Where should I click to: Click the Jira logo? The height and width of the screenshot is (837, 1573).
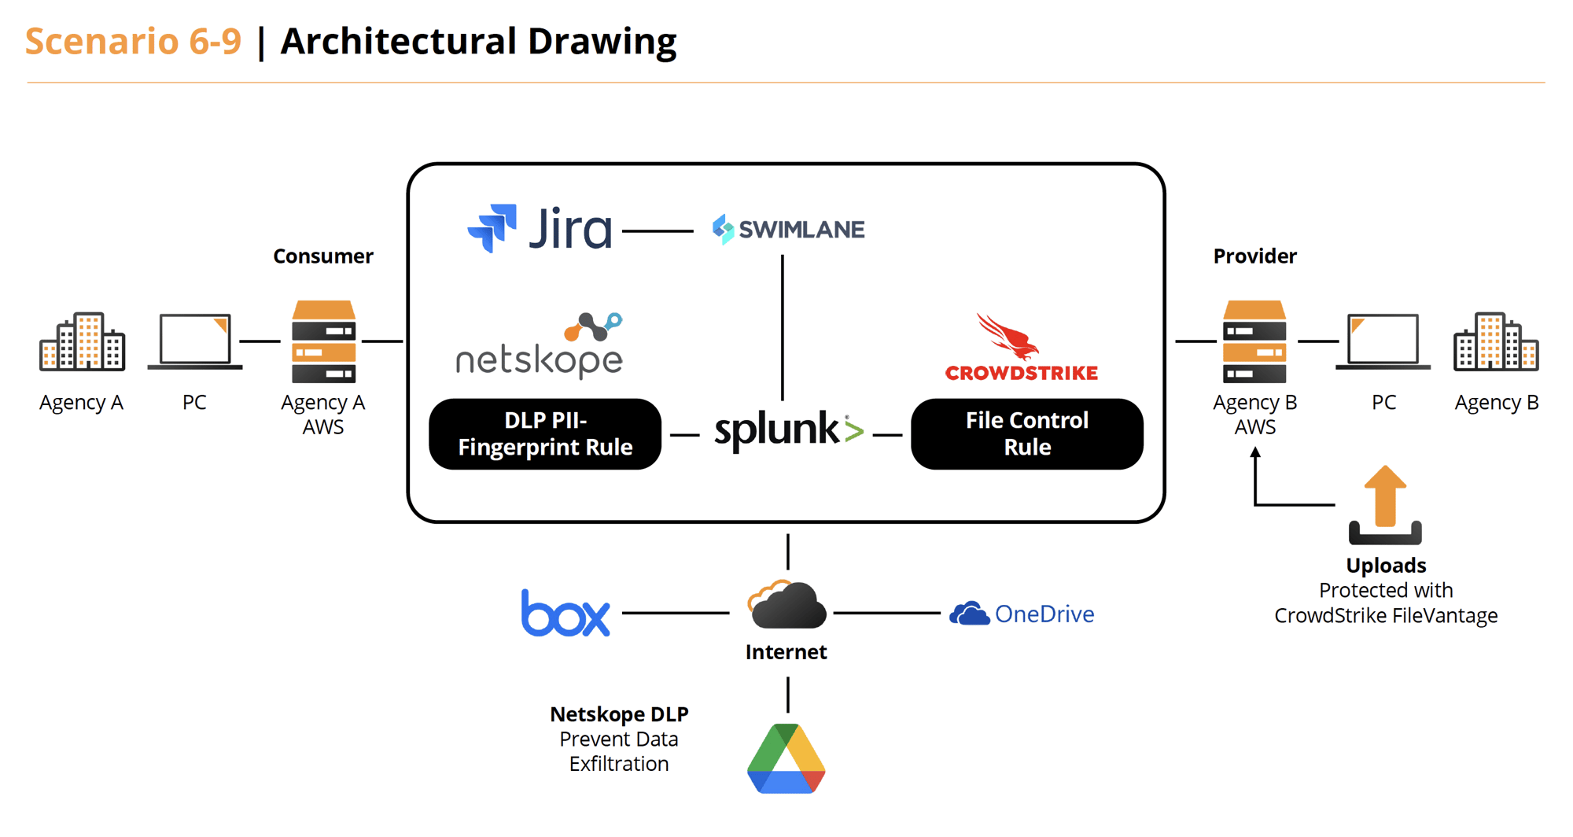[x=540, y=229]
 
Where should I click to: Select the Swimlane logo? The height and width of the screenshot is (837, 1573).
[x=788, y=229]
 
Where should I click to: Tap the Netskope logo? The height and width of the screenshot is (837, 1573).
[x=540, y=347]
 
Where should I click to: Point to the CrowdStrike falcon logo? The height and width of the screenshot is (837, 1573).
[x=1008, y=336]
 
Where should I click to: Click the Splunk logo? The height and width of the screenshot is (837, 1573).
[x=788, y=430]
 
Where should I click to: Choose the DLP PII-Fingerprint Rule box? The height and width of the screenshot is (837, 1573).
[x=545, y=434]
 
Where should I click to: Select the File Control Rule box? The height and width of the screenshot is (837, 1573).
[x=1026, y=434]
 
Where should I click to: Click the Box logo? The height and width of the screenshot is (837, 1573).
[x=565, y=613]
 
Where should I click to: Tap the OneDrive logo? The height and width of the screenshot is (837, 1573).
[x=1022, y=614]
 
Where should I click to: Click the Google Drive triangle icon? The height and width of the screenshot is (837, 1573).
[x=786, y=758]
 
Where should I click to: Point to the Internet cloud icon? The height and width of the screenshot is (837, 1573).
[x=786, y=605]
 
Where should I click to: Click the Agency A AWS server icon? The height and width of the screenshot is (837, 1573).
[x=323, y=341]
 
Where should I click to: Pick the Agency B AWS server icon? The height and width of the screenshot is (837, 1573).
[x=1254, y=341]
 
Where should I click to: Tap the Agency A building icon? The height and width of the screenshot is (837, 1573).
[x=82, y=341]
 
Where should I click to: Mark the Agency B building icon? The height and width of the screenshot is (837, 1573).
[x=1496, y=341]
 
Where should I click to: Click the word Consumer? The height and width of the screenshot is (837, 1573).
[x=323, y=256]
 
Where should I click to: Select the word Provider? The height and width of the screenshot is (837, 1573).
[x=1254, y=256]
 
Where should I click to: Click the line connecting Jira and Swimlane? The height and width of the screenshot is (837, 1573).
[x=658, y=231]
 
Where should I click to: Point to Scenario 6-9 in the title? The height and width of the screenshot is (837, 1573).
[x=134, y=41]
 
